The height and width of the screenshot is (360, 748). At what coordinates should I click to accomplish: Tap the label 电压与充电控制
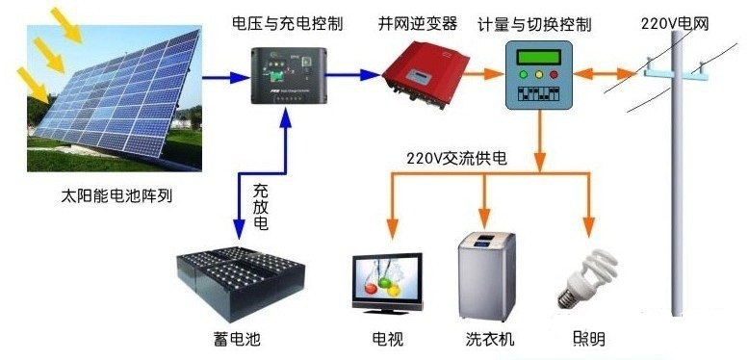point(288,21)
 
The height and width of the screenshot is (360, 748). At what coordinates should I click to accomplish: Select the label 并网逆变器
point(416,21)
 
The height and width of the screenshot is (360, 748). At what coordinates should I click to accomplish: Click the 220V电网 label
point(674,21)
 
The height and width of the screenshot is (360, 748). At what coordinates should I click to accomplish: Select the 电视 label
point(390,339)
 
